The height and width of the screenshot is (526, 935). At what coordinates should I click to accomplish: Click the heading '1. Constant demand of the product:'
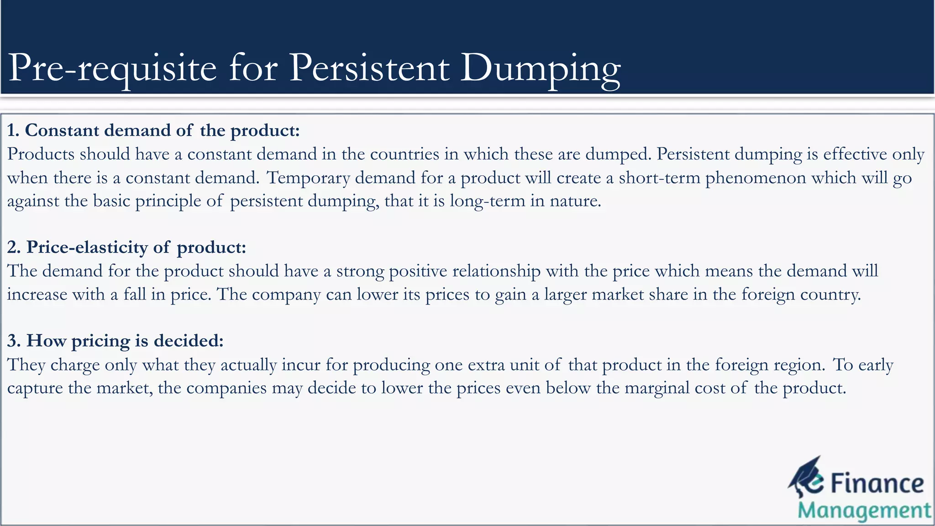coord(153,131)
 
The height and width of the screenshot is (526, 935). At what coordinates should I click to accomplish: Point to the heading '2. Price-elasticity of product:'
coord(126,247)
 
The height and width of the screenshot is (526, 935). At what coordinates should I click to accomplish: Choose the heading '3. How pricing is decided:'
coord(116,341)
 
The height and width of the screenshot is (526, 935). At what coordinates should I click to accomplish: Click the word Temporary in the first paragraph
coord(308,178)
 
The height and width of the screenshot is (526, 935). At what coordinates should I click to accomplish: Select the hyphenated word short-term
coord(659,178)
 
